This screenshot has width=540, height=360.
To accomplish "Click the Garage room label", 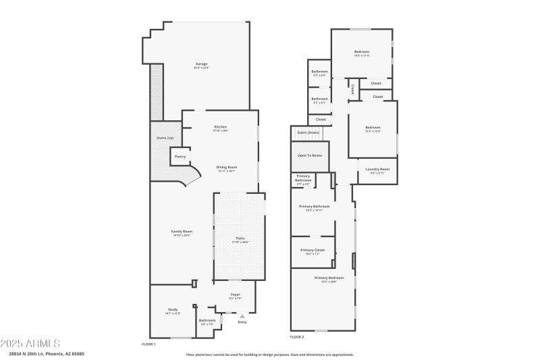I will click(200, 64).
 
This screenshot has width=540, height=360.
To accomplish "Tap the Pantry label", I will click(180, 157).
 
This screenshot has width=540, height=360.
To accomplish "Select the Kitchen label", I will click(221, 127).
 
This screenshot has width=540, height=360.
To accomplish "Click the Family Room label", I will click(182, 232).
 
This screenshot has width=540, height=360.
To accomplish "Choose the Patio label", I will click(240, 238).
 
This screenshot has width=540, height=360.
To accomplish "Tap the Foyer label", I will click(236, 294).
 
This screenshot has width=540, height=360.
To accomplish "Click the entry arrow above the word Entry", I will click(242, 315).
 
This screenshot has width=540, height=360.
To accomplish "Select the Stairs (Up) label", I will click(165, 138).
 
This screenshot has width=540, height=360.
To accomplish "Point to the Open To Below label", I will click(310, 155).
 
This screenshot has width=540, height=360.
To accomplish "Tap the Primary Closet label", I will click(313, 250).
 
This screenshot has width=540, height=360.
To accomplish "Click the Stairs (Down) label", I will click(308, 132).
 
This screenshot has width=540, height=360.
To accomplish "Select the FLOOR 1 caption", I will click(148, 344).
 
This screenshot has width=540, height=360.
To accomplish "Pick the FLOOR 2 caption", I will click(297, 336).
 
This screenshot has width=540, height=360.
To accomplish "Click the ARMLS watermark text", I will click(30, 344).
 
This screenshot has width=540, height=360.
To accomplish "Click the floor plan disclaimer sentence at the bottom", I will click(270, 354).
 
